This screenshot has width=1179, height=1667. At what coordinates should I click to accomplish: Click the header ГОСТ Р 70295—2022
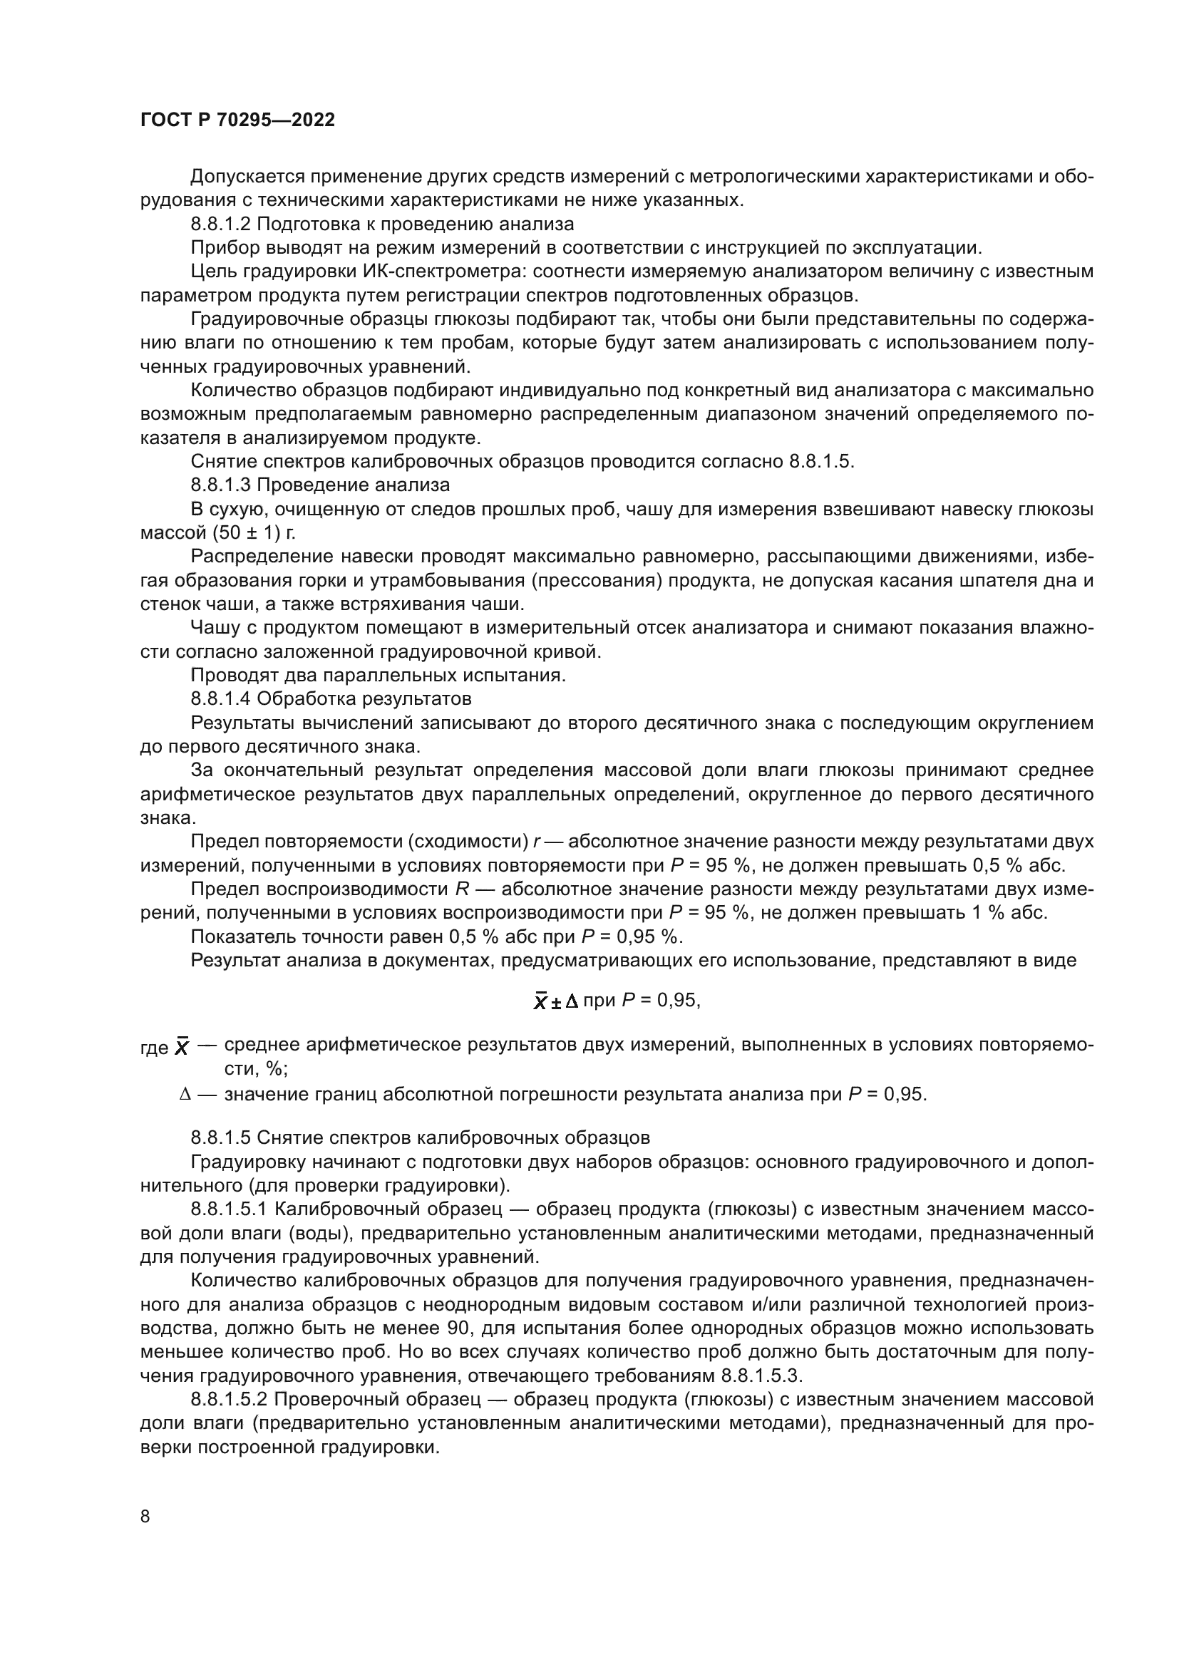[x=237, y=120]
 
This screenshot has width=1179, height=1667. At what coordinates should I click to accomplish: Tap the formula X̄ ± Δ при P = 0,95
[x=617, y=1001]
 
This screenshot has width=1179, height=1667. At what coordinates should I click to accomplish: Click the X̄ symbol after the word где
[x=182, y=1048]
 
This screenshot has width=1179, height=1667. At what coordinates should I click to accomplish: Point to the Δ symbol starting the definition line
[x=185, y=1094]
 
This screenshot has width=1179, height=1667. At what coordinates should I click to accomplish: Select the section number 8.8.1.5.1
[x=230, y=1209]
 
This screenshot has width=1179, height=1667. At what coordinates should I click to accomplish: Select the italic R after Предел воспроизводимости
[x=462, y=889]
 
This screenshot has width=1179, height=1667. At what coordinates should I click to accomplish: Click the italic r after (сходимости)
[x=536, y=842]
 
